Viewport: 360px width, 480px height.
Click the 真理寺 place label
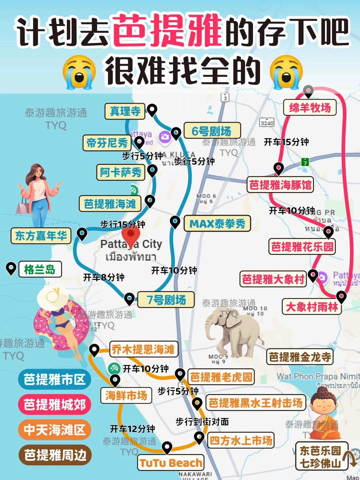[x=125, y=111]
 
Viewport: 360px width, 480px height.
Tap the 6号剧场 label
[x=212, y=131]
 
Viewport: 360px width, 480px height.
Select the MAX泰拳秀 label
[x=217, y=224]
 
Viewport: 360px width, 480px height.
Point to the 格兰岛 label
[x=40, y=269]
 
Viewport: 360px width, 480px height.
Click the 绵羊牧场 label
[x=310, y=108]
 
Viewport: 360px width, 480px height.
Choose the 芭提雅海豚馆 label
[x=280, y=185]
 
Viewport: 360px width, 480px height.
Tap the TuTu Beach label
[x=171, y=463]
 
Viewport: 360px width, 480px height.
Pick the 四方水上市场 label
[x=241, y=441]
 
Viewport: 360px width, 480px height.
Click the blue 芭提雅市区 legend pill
[x=54, y=379]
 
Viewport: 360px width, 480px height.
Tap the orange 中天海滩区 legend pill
[x=54, y=430]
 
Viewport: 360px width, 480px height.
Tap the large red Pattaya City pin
[x=131, y=236]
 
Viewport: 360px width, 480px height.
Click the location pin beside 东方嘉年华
[x=82, y=234]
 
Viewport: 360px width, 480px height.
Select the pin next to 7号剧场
[x=129, y=299]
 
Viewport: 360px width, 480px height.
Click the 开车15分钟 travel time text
[x=286, y=142]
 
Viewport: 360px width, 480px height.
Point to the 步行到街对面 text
[x=202, y=422]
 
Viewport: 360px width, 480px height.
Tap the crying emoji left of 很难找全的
[x=79, y=72]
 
